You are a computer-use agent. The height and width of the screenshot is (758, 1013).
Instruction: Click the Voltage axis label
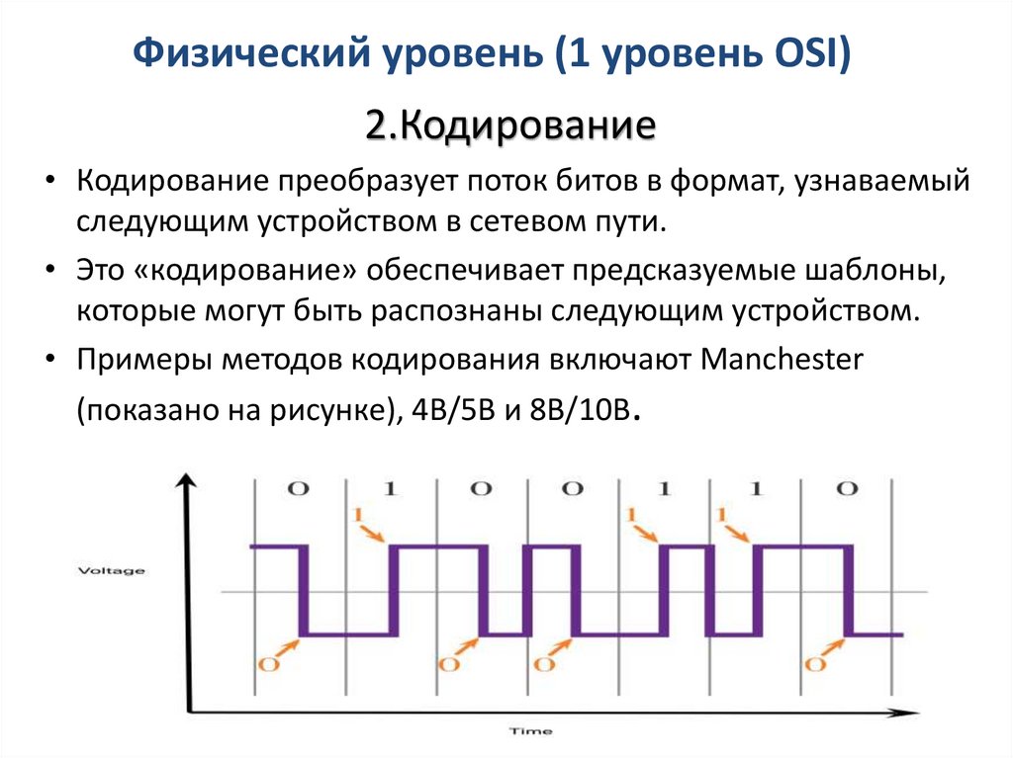[111, 570]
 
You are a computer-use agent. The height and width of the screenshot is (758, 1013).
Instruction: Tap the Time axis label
[530, 732]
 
